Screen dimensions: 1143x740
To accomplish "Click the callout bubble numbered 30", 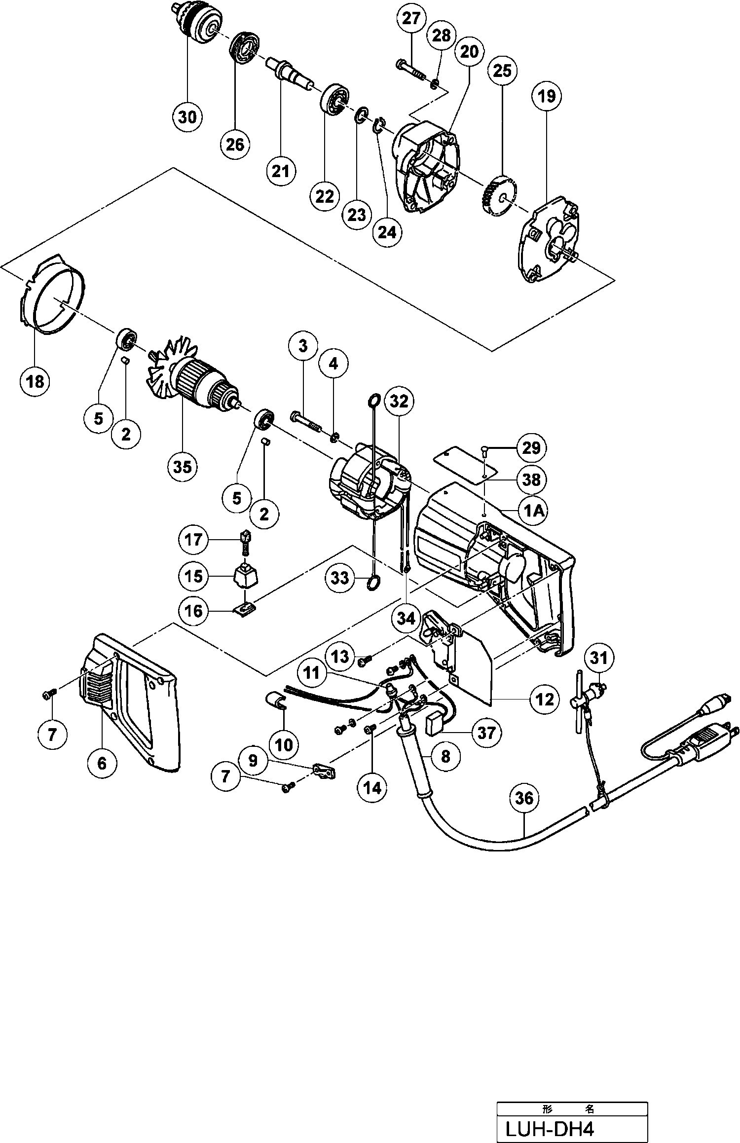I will pos(187,117).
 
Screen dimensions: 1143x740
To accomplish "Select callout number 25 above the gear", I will pos(502,71).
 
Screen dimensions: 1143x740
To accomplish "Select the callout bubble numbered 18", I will pos(36,381).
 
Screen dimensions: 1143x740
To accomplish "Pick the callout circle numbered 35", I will pos(183,466).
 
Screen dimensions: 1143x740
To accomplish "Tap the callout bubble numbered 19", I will pos(547,96).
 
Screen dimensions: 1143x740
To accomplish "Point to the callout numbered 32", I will pos(399,402).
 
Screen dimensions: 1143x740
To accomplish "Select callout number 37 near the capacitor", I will pos(486,733).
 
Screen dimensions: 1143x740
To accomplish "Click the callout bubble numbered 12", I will pos(545,700).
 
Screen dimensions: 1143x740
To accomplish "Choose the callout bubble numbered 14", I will pos(372,788).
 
